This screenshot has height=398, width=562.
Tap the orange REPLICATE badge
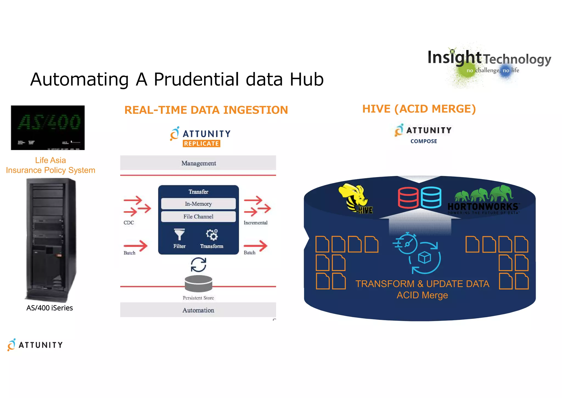(201, 143)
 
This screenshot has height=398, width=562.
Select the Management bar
(198, 163)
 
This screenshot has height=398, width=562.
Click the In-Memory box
(198, 204)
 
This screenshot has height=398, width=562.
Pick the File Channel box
(198, 217)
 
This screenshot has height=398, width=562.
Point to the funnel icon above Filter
(179, 234)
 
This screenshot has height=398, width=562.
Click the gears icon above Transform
(212, 234)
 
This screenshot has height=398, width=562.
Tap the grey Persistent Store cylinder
(198, 283)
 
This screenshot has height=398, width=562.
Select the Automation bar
(198, 310)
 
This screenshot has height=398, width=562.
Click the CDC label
(129, 223)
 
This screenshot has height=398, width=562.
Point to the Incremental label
(255, 223)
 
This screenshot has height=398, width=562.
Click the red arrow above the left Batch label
(136, 245)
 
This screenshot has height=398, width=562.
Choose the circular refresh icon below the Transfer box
(198, 265)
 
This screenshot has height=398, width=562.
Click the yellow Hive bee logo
(355, 197)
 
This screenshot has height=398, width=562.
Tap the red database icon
(408, 198)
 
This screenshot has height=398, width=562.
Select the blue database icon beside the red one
(431, 197)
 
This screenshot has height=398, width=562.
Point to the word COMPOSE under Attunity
(424, 141)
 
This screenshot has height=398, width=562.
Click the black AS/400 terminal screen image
(48, 128)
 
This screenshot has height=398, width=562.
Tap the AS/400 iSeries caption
(49, 308)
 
